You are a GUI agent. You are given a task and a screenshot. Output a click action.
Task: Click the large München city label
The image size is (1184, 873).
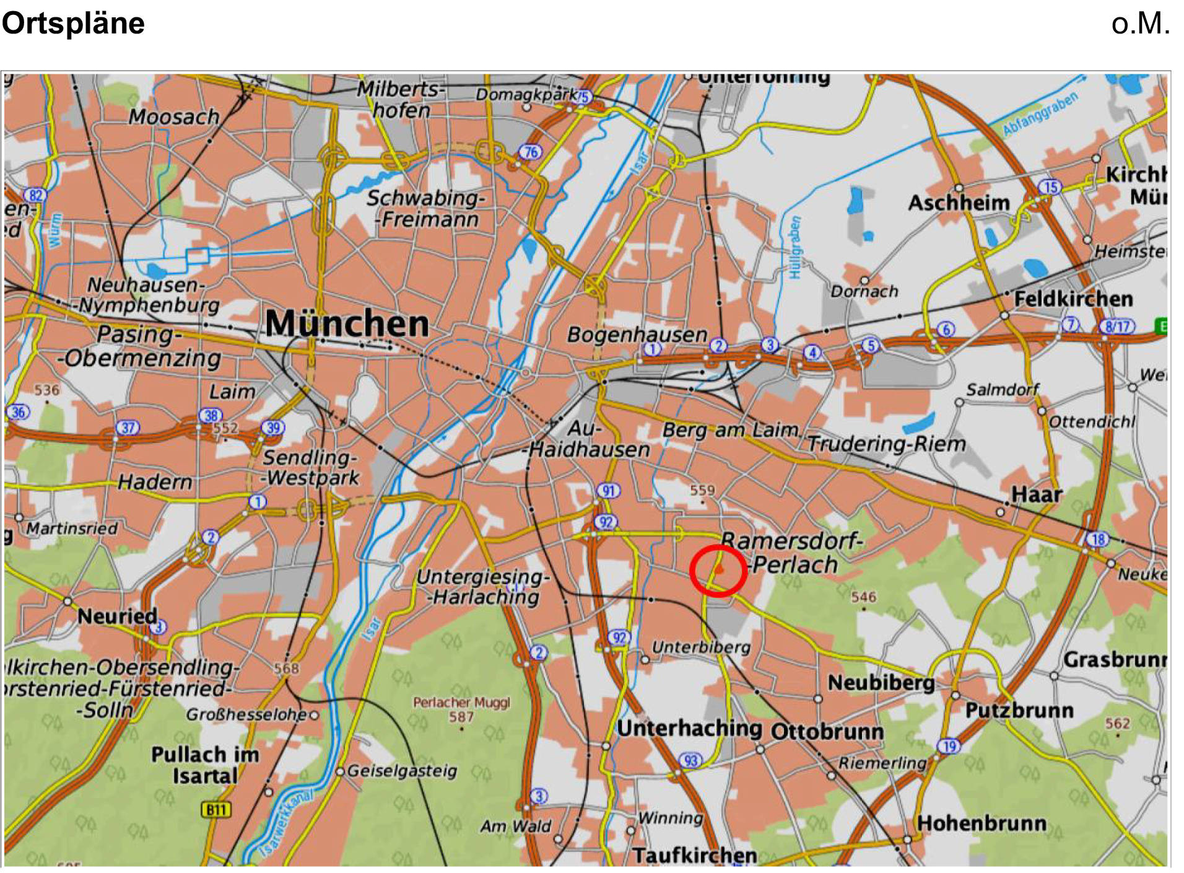(x=347, y=323)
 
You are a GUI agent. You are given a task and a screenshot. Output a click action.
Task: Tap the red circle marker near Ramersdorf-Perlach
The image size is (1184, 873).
(x=718, y=571)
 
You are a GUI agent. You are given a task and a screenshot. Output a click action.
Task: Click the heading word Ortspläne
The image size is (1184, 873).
(x=73, y=24)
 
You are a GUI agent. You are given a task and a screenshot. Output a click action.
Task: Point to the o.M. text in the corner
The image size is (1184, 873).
(x=1140, y=24)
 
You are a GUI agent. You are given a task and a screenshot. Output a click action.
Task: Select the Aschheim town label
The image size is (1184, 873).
(x=959, y=203)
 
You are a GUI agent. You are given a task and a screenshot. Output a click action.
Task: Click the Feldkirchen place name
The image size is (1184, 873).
(x=1073, y=299)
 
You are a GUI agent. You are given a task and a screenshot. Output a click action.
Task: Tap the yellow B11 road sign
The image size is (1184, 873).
(x=216, y=810)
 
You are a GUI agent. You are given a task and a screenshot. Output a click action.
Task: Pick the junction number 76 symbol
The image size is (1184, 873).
(x=530, y=152)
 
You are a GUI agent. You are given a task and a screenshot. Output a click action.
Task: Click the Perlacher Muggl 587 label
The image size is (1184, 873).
(x=461, y=709)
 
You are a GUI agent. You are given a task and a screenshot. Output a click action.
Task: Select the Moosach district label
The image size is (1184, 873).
(x=174, y=116)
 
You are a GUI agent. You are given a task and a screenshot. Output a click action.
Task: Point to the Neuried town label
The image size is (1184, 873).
(x=117, y=616)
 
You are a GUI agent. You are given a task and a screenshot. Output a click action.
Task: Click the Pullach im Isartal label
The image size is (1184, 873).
(x=205, y=765)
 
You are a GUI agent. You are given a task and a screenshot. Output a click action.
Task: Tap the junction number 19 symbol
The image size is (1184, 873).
(x=949, y=746)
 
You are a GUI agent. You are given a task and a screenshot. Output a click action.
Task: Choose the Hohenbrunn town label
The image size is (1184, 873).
(x=982, y=823)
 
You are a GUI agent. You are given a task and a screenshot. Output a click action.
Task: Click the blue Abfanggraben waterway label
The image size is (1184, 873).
(x=1040, y=114)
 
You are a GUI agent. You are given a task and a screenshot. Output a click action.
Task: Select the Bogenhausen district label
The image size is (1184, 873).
(x=637, y=335)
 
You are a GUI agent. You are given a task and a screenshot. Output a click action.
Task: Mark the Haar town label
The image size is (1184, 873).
(x=1037, y=494)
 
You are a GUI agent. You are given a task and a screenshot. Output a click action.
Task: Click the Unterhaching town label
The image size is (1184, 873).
(x=689, y=728)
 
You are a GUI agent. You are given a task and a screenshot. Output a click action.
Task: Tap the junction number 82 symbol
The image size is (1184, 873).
(x=35, y=195)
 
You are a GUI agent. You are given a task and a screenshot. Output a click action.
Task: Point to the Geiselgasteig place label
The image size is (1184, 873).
(x=403, y=771)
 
